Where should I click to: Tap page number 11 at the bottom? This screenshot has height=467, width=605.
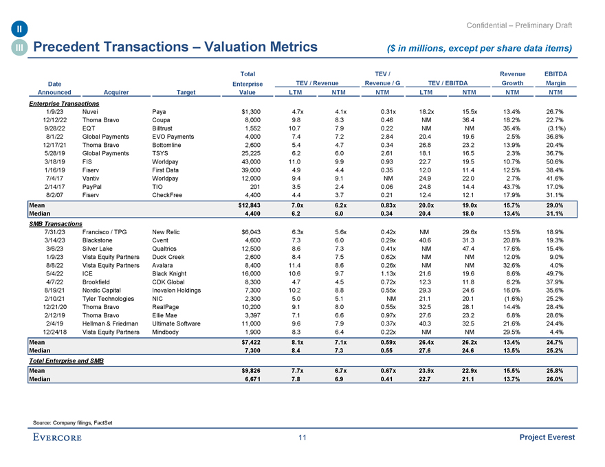(302, 438)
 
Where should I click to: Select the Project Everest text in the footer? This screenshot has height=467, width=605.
(548, 438)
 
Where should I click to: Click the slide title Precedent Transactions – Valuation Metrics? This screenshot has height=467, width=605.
(175, 47)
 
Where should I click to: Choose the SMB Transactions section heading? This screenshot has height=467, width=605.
(55, 224)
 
